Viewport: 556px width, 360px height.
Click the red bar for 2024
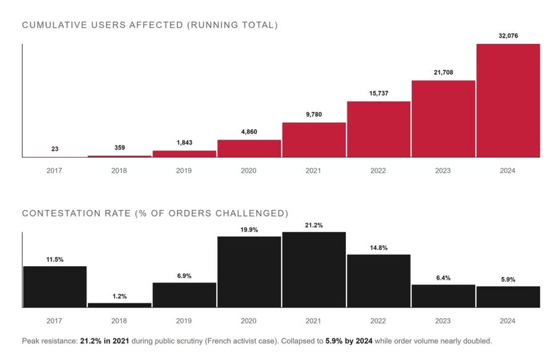(508, 101)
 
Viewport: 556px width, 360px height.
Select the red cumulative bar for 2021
(314, 140)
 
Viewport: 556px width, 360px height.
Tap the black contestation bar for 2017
(54, 287)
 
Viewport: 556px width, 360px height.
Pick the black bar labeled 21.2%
(314, 269)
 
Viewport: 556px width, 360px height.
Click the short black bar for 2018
(119, 304)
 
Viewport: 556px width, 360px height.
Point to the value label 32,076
(508, 36)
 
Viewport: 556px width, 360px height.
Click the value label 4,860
(249, 132)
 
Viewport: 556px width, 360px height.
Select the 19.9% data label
(249, 229)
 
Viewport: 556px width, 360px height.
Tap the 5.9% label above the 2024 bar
(508, 279)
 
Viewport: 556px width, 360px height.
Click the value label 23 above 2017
(54, 149)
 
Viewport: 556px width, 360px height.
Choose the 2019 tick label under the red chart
(184, 170)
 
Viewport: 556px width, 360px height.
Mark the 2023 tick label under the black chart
(443, 321)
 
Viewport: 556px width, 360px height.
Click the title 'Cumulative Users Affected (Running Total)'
(150, 25)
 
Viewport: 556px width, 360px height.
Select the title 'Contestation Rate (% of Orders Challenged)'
(155, 214)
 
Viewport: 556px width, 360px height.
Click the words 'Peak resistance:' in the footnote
(49, 341)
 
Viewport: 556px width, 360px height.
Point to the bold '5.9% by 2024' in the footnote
(347, 341)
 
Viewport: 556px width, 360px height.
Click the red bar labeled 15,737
(378, 129)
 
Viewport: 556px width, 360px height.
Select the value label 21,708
(443, 72)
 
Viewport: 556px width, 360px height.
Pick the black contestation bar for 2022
(378, 280)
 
